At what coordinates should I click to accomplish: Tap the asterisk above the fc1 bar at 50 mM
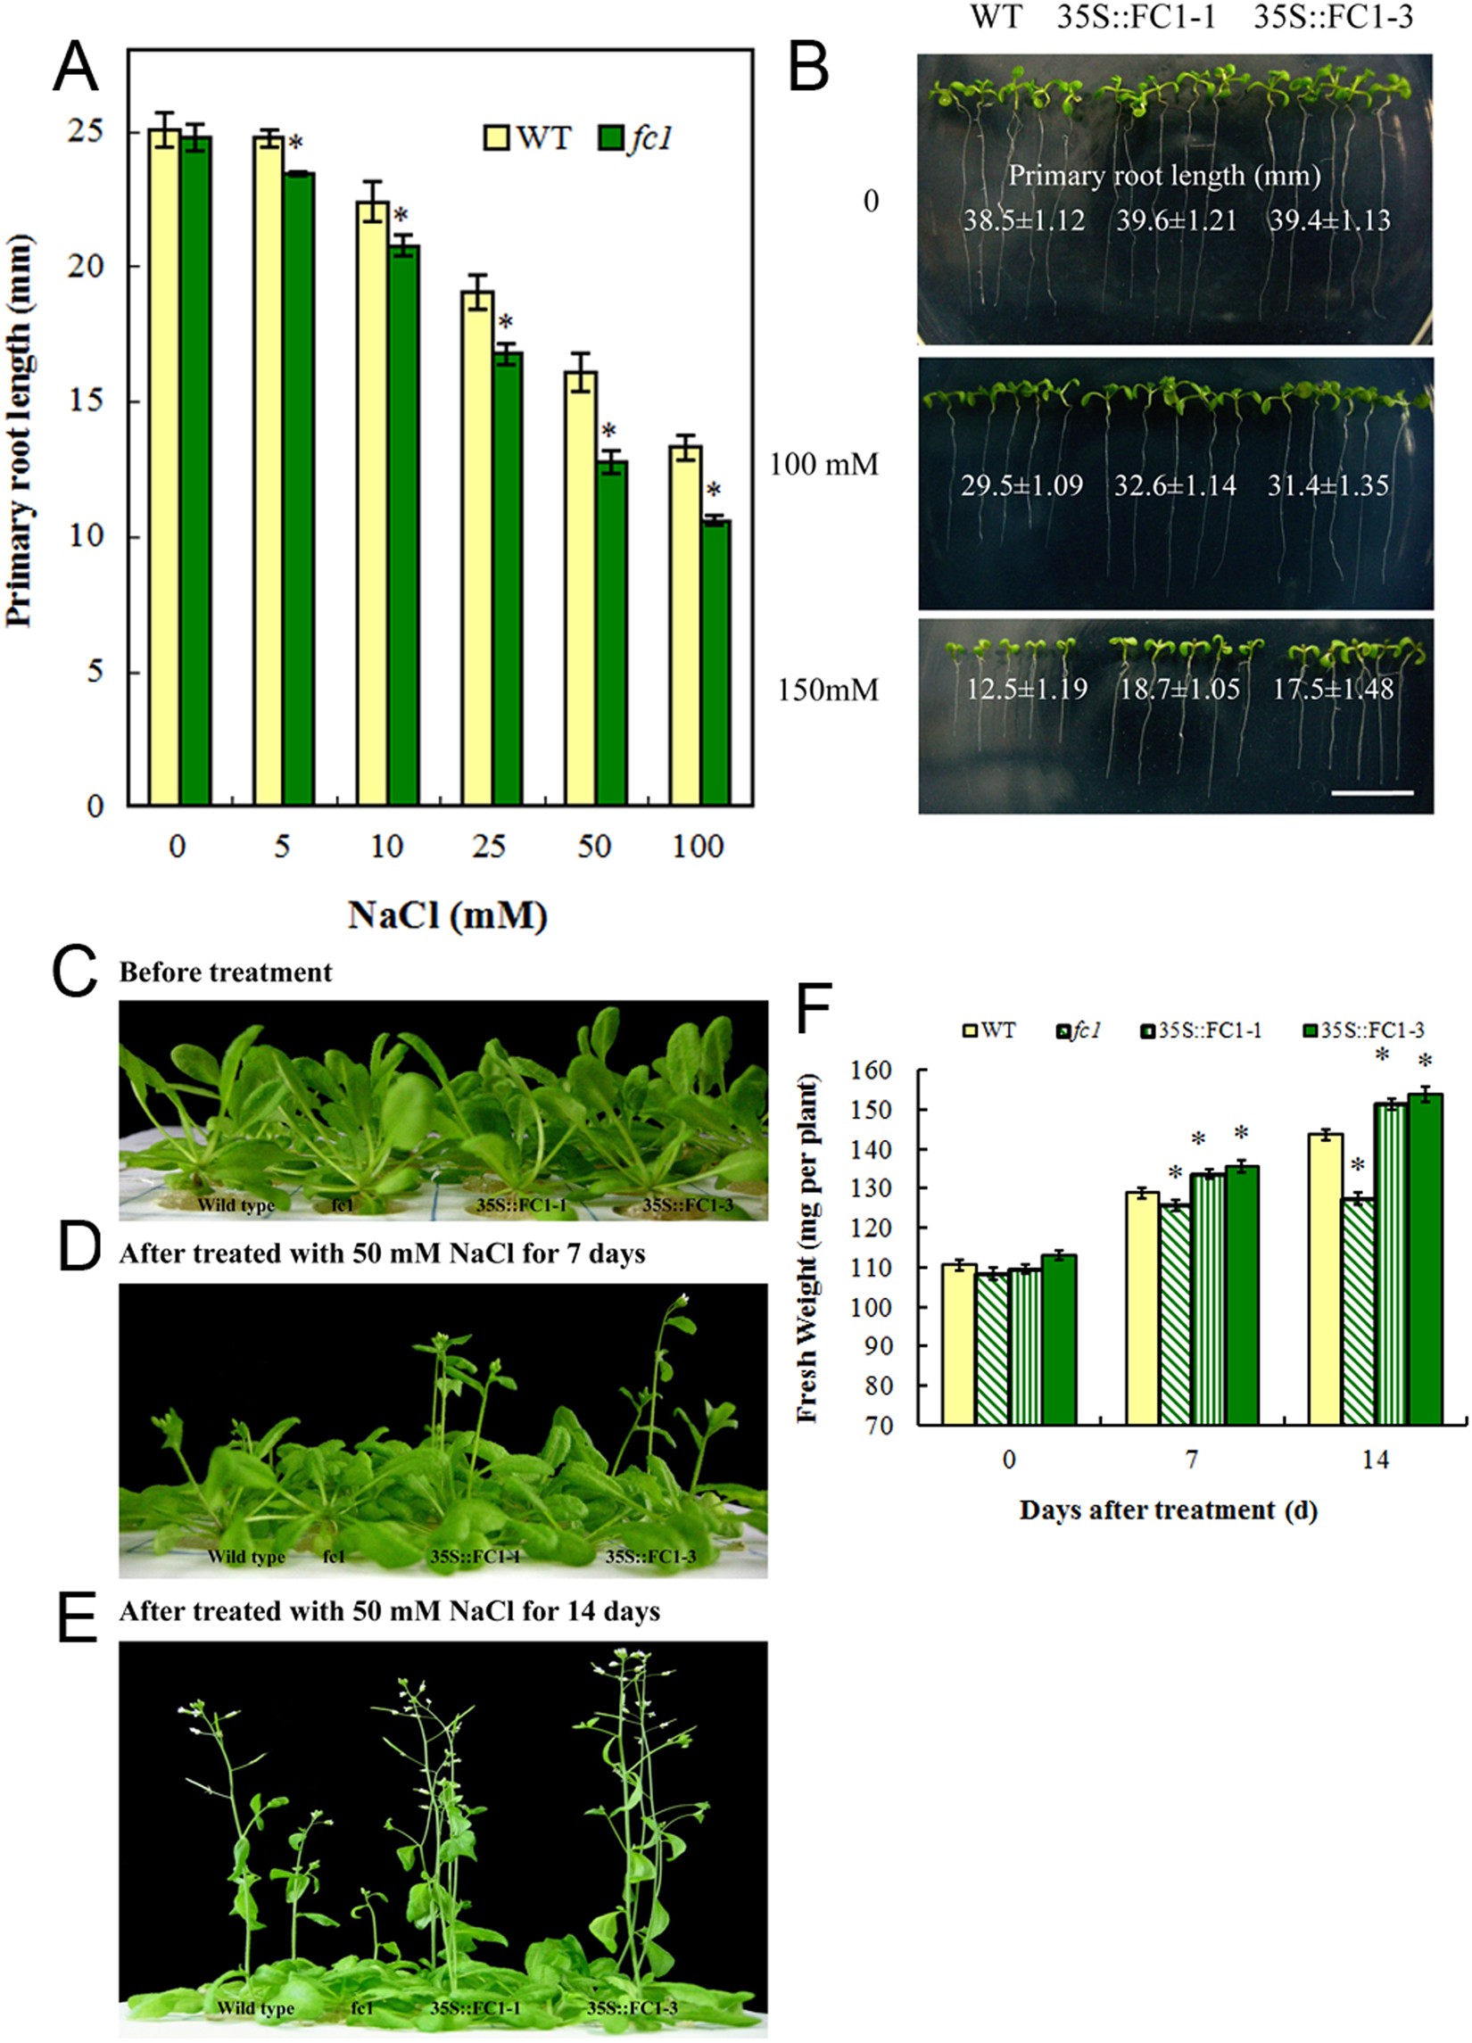[x=609, y=431]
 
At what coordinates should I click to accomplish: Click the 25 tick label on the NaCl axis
[x=490, y=847]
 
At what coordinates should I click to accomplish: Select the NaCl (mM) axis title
[x=448, y=916]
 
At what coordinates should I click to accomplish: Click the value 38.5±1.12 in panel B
[x=1023, y=219]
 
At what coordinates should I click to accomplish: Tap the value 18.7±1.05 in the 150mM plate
[x=1179, y=689]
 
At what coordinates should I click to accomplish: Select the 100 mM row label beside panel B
[x=823, y=466]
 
